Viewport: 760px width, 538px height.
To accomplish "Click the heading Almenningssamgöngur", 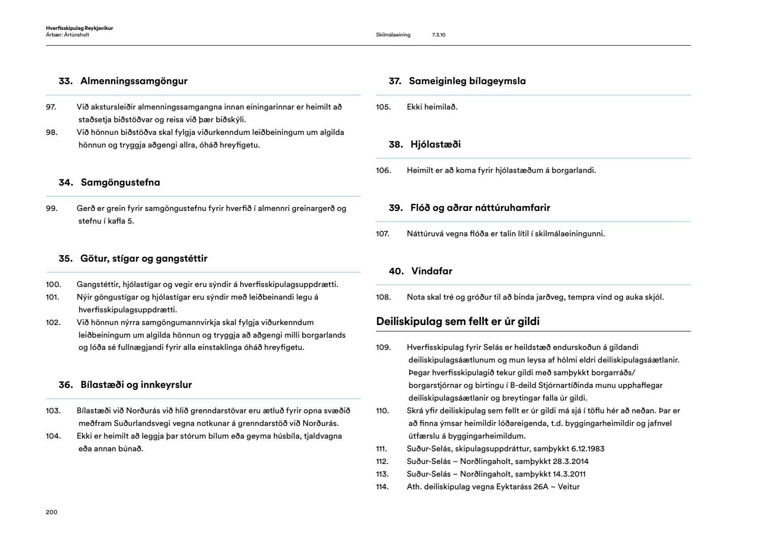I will tap(134, 81).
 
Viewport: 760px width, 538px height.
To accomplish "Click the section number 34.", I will tap(66, 183).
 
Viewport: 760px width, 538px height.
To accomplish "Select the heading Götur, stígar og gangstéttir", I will tap(144, 259).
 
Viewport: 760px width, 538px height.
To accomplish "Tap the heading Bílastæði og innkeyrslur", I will tap(136, 385).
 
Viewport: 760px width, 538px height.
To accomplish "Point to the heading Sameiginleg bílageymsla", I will tap(467, 81).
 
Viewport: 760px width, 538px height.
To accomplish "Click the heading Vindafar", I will tap(432, 271).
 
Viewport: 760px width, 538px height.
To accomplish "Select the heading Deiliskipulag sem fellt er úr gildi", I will tap(458, 321).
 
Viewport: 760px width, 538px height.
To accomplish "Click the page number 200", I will tap(52, 512).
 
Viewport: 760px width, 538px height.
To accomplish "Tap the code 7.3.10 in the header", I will tap(439, 35).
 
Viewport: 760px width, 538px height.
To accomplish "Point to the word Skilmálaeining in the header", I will tap(393, 35).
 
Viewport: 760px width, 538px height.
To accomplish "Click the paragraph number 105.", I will tap(384, 107).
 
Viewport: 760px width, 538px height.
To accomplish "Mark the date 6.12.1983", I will tap(588, 449).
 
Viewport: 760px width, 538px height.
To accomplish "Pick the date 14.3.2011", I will tap(569, 474).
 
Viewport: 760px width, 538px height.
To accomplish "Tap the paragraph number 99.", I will tap(52, 208).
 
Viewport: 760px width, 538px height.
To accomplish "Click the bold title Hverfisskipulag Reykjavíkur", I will tap(79, 28).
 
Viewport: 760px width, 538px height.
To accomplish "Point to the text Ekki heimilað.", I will tap(432, 107).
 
